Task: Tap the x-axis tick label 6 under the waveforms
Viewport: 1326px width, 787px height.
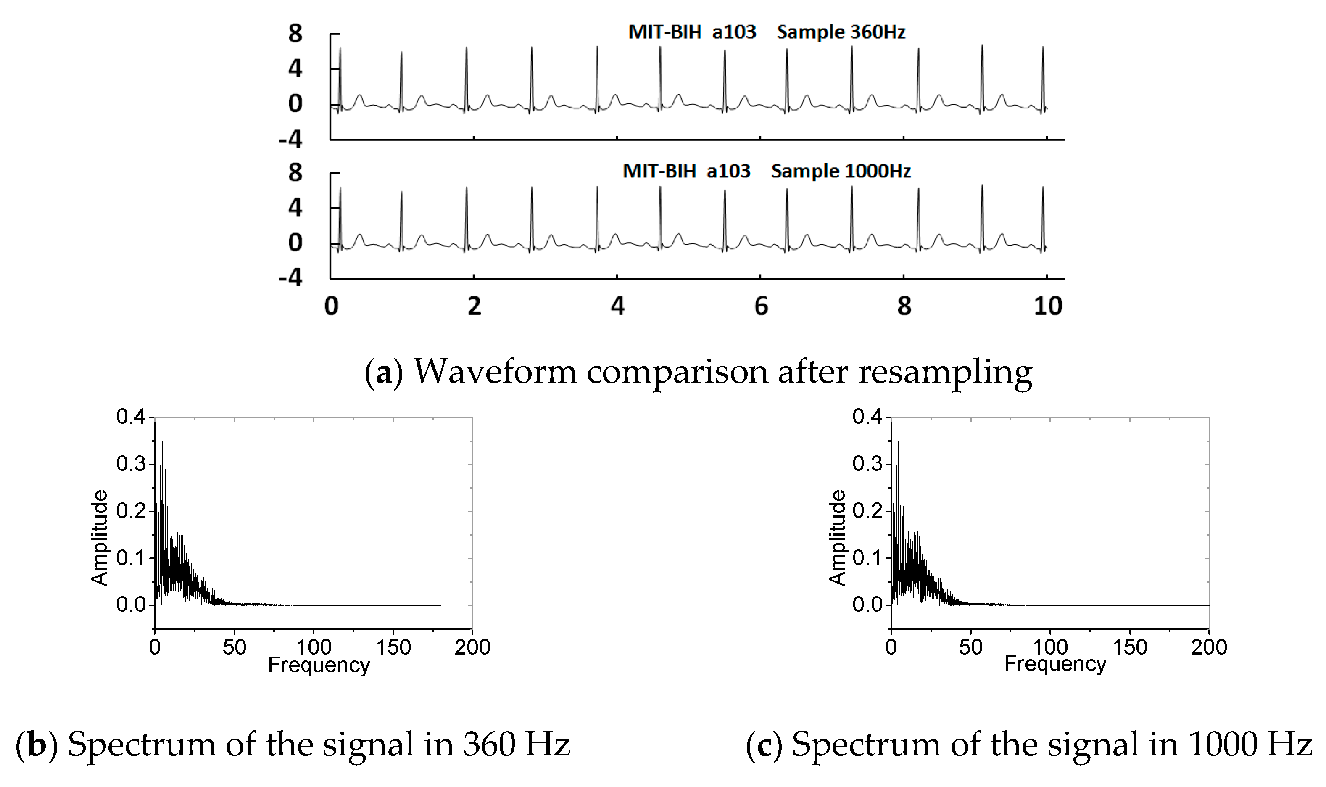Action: (x=761, y=306)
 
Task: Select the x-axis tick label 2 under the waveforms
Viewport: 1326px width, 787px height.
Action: (x=475, y=306)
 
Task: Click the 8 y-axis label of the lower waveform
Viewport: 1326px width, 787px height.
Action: (x=295, y=173)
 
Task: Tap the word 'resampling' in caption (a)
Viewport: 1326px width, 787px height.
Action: (x=945, y=372)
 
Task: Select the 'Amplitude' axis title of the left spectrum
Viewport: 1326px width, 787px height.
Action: (x=100, y=538)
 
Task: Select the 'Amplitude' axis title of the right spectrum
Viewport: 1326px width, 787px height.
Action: (x=837, y=538)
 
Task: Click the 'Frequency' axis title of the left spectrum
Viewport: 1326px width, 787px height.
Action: (x=319, y=665)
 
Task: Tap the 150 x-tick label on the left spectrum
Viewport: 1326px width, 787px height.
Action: (x=393, y=647)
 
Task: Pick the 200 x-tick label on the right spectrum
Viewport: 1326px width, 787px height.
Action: (x=1209, y=647)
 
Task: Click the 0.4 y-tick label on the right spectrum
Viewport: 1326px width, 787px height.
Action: (x=867, y=417)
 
